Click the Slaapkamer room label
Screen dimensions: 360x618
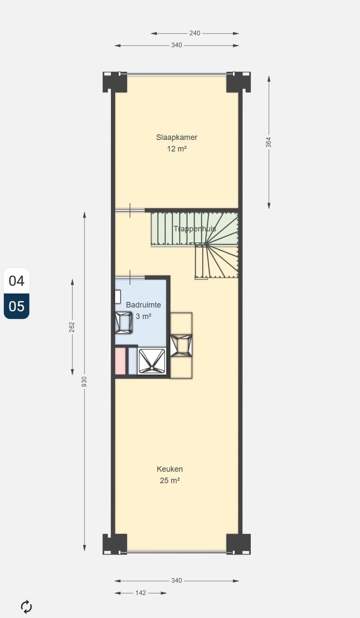point(177,137)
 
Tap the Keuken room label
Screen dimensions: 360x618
point(170,469)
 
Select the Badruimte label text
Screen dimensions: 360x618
point(143,305)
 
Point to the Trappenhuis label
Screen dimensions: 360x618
point(195,229)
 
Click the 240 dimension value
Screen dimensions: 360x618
point(195,33)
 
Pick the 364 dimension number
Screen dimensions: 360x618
point(269,142)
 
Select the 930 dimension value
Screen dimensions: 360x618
point(84,382)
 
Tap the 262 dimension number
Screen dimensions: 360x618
point(72,327)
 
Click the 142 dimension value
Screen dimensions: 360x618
point(141,593)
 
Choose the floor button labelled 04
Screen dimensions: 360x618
point(17,281)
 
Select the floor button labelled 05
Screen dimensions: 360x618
point(17,306)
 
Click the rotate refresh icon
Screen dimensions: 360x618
point(26,607)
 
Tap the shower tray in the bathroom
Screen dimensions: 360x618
point(152,361)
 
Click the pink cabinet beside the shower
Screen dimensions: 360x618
point(120,361)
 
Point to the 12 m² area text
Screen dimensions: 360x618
point(177,149)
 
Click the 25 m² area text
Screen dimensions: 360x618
point(170,481)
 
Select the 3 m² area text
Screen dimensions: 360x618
point(143,316)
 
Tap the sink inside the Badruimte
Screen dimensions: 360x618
point(124,322)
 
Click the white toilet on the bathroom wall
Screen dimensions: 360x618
point(118,296)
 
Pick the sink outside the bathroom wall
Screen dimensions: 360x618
point(181,345)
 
